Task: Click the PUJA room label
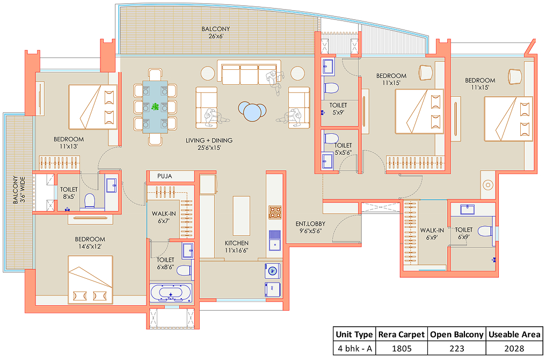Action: [165, 176]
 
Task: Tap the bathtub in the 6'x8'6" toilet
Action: [171, 293]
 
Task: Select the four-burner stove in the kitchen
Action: [275, 212]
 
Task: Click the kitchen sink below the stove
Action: [275, 240]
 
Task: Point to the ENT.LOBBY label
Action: [310, 224]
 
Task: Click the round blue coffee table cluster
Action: [252, 111]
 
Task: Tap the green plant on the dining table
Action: [155, 106]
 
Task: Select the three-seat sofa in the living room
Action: [249, 73]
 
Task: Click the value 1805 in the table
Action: [402, 349]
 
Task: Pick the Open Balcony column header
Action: [456, 335]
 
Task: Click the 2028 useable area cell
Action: [514, 349]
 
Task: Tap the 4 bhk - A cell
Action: [354, 349]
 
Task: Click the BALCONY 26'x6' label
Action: [215, 32]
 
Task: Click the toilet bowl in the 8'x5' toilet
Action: [90, 201]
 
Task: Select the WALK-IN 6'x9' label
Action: [432, 234]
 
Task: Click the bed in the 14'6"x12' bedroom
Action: [91, 280]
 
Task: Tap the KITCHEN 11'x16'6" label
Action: [237, 247]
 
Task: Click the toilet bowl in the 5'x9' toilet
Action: [331, 88]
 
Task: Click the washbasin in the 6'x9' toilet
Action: [467, 210]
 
